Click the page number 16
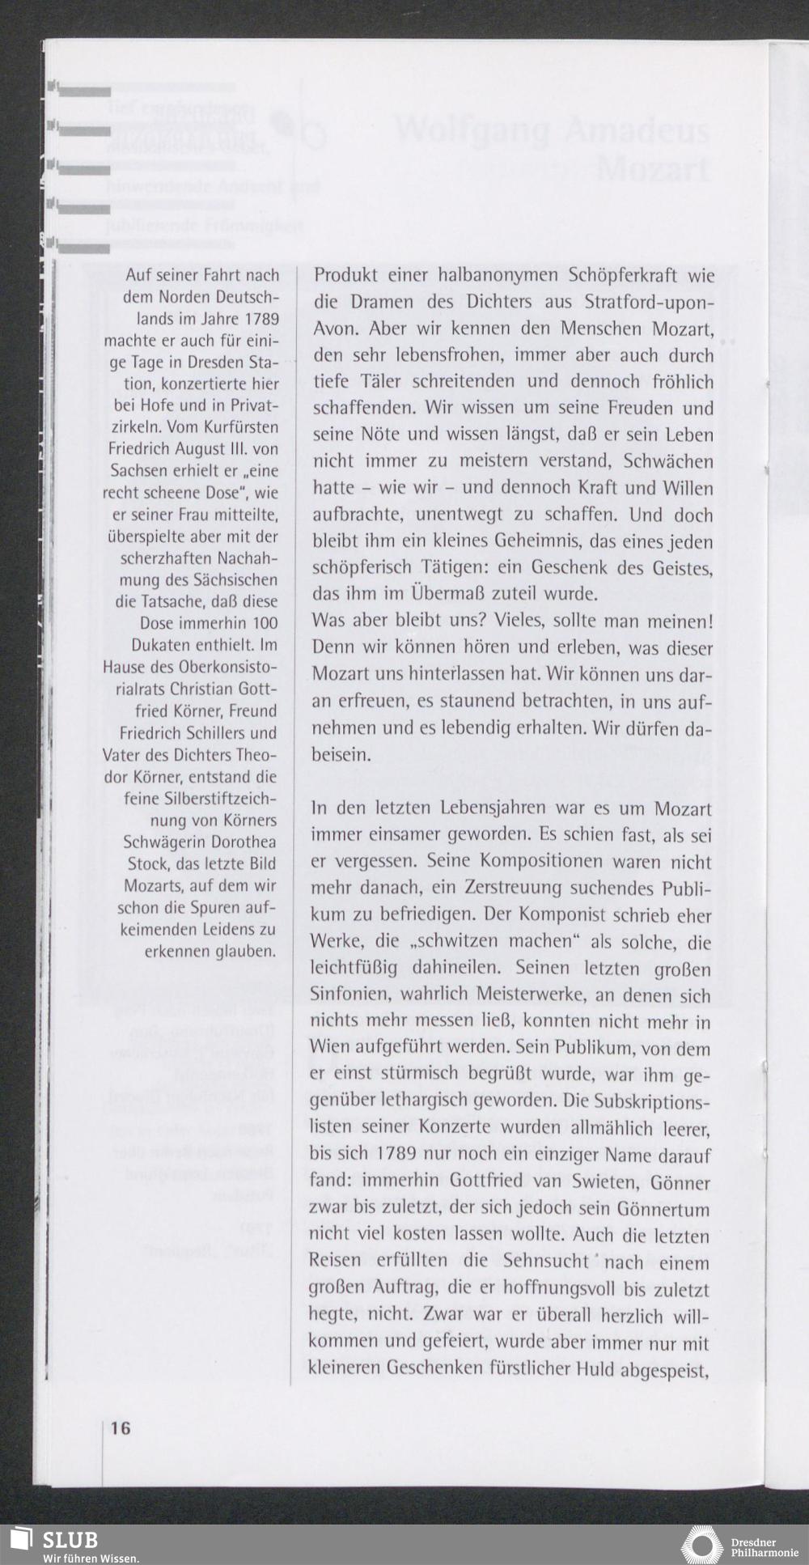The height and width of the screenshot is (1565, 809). pyautogui.click(x=120, y=1428)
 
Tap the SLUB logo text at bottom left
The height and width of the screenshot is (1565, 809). pyautogui.click(x=70, y=1539)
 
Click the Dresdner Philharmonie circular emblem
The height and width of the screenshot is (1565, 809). pyautogui.click(x=701, y=1545)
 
